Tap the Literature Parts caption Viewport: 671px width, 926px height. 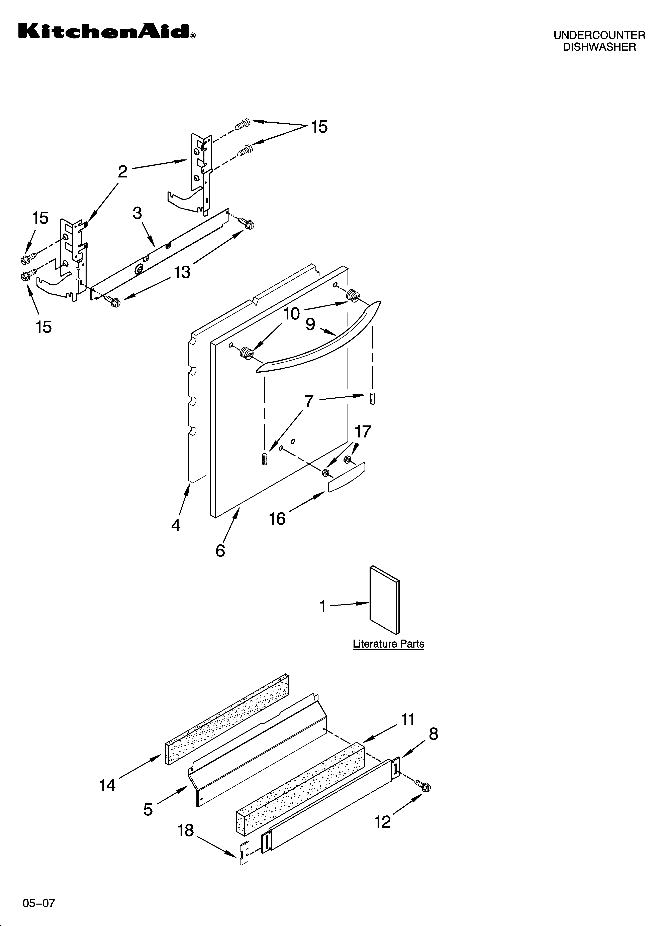pos(388,644)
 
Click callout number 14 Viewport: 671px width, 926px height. pos(107,785)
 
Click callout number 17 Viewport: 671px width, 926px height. pos(363,432)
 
